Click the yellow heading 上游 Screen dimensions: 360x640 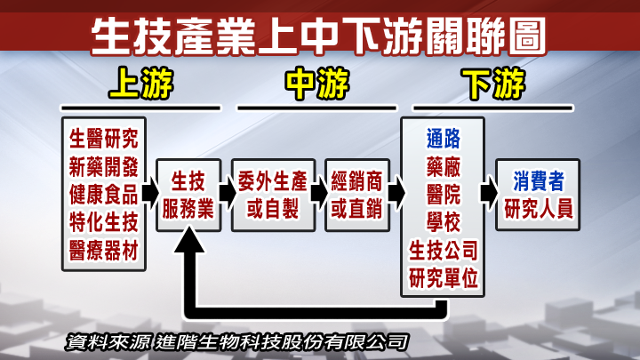click(140, 85)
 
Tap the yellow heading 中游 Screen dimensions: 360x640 click(317, 85)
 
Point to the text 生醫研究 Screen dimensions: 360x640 click(104, 137)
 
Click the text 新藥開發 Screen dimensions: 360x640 click(104, 166)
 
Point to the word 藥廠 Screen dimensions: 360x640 click(443, 166)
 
